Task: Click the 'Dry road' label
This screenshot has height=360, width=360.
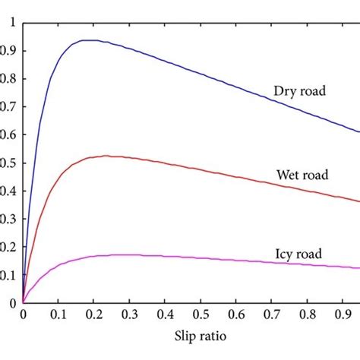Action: coord(299,91)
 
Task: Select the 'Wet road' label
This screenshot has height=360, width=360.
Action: coord(303,175)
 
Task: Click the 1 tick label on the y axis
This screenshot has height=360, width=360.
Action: coord(11,22)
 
